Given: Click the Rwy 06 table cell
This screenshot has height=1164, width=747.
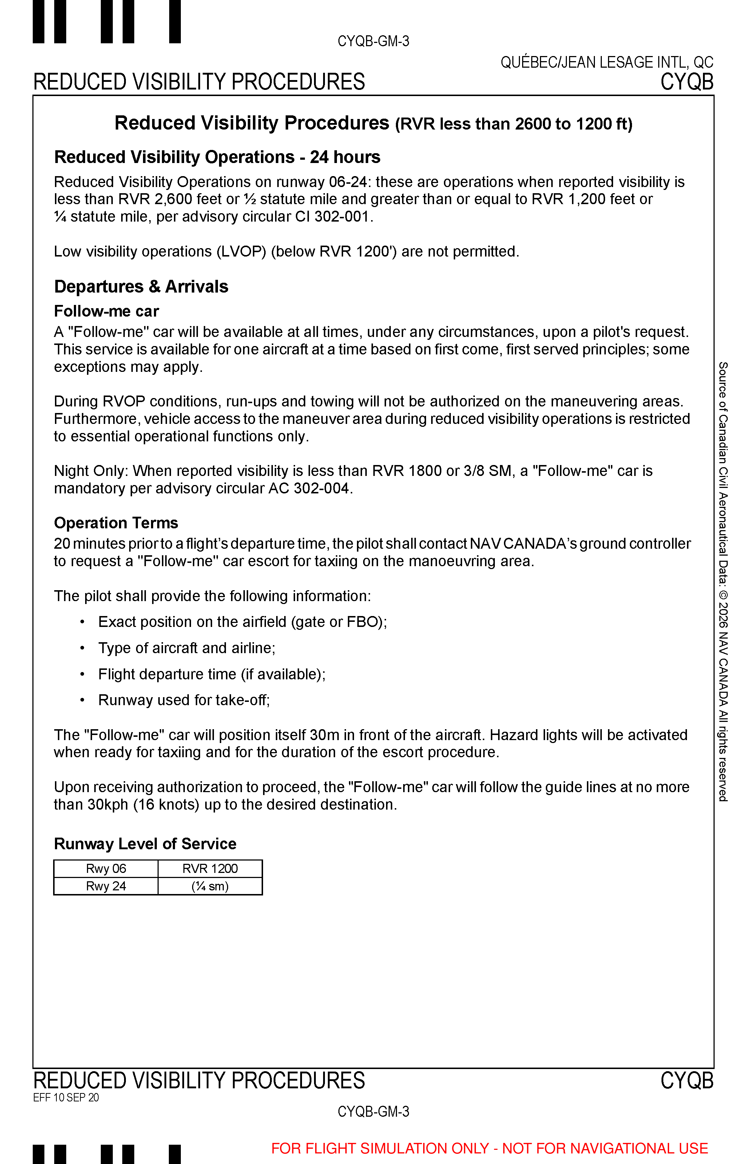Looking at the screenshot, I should (x=106, y=868).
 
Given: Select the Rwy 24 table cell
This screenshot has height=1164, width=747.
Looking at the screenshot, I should (x=106, y=886).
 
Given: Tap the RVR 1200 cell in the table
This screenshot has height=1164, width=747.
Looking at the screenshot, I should (x=210, y=868).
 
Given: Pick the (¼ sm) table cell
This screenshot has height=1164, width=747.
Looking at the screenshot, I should (x=210, y=886).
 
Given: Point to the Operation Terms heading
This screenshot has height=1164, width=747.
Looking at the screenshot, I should (x=116, y=523).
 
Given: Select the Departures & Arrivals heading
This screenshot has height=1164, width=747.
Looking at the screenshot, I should (x=141, y=287).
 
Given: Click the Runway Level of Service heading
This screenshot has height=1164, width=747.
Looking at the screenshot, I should (x=145, y=844).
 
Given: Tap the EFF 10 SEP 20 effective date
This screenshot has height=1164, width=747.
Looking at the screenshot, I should (x=66, y=1097).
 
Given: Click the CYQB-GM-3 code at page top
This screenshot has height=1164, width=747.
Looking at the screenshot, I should (x=373, y=41).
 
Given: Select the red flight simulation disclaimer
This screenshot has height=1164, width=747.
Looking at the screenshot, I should (x=489, y=1148).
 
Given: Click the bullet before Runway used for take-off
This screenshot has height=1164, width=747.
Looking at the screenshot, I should (x=83, y=700).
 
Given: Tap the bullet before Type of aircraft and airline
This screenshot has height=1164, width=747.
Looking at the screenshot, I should (x=83, y=648).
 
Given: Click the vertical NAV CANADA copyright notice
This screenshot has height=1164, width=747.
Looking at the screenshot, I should (x=723, y=582).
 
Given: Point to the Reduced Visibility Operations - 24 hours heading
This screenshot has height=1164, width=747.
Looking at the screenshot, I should (x=217, y=157).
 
